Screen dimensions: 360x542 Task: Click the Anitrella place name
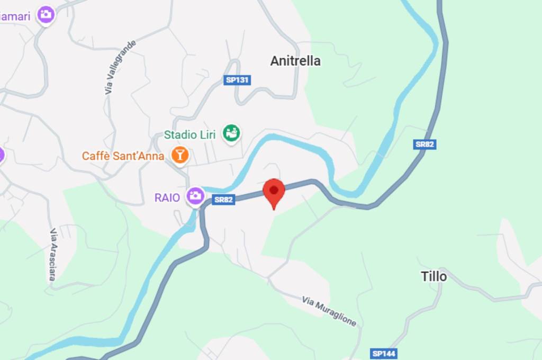pos(295,61)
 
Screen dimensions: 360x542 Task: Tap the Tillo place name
pos(433,276)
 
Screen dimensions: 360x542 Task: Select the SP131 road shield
pos(237,80)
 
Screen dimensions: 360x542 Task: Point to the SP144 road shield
pos(384,353)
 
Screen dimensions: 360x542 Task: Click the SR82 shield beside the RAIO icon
pos(223,200)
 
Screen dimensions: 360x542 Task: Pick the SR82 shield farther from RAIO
pos(425,144)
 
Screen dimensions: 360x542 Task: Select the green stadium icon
pos(231,132)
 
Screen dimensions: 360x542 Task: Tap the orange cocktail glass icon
pos(180,155)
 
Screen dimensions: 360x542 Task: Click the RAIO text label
pos(167,197)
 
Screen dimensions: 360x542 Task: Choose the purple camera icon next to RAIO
pos(195,196)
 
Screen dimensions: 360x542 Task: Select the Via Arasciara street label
pos(53,254)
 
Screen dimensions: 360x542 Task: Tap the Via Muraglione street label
pos(329,311)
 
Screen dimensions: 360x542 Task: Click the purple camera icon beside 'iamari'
pos(46,14)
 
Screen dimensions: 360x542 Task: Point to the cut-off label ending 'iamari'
pos(15,16)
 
